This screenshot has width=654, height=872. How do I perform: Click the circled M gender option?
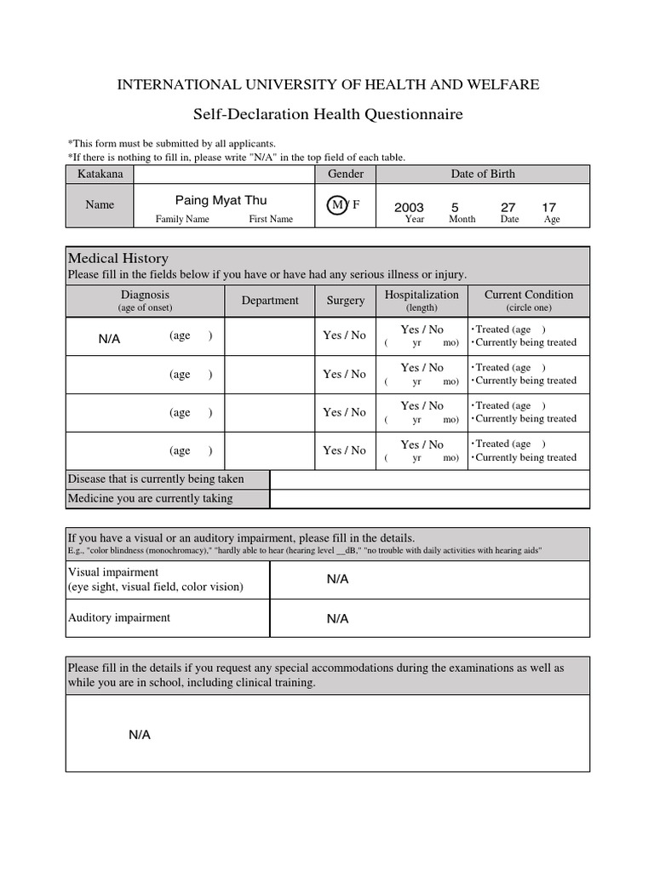coord(338,205)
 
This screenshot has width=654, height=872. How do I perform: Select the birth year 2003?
coord(409,208)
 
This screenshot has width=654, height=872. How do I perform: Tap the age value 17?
coord(549,207)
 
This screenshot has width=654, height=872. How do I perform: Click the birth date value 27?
coord(508,207)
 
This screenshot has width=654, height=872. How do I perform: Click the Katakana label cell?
coord(100,174)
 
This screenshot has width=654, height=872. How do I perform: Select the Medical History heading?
coord(118,258)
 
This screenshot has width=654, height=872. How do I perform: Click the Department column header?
coord(270,300)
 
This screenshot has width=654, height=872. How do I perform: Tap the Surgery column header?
coord(345,300)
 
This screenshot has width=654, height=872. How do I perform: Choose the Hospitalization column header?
coord(422,295)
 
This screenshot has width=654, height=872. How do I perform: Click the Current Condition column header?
coord(529,295)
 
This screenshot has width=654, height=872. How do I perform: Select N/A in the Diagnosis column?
coord(110,339)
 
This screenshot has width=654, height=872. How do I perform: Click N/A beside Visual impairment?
coord(338,579)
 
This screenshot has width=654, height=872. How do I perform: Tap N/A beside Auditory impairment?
coord(338,619)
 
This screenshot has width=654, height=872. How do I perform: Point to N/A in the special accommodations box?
coord(140,735)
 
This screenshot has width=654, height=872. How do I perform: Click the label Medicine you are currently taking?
coord(150,498)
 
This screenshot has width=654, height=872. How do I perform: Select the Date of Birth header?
coord(483,174)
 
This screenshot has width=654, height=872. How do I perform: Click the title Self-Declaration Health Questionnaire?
coord(328,114)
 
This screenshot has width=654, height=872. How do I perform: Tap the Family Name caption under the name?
coord(182,219)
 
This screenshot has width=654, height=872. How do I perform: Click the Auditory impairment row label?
coord(119,617)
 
